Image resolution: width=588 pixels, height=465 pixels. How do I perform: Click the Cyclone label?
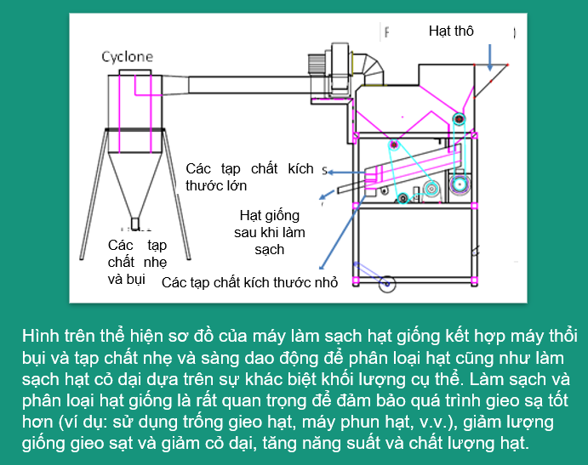pyautogui.click(x=127, y=57)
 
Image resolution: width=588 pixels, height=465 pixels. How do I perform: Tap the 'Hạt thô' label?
pyautogui.click(x=451, y=31)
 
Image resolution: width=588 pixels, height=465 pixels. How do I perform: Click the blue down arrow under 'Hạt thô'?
pyautogui.click(x=490, y=57)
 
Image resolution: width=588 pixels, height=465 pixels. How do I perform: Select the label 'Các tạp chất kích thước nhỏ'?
pyautogui.click(x=249, y=282)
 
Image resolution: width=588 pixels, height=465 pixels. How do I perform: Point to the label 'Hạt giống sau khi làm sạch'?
pyautogui.click(x=270, y=232)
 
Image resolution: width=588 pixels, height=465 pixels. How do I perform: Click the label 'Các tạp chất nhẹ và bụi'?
pyautogui.click(x=137, y=263)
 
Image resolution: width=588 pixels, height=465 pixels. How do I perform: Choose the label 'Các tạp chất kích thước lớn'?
pyautogui.click(x=249, y=177)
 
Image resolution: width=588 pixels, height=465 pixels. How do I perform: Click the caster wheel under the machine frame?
pyautogui.click(x=387, y=285)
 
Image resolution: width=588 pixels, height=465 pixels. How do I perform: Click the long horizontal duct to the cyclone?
pyautogui.click(x=249, y=85)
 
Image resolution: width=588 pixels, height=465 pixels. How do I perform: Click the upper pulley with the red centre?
pyautogui.click(x=459, y=119)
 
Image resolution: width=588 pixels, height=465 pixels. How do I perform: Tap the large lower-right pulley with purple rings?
pyautogui.click(x=459, y=184)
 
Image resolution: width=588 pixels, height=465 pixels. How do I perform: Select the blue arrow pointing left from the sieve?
pyautogui.click(x=346, y=173)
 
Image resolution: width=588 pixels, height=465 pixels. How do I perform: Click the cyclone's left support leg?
pyautogui.click(x=94, y=194)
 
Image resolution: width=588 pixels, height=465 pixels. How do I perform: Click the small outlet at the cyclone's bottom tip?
pyautogui.click(x=135, y=224)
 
